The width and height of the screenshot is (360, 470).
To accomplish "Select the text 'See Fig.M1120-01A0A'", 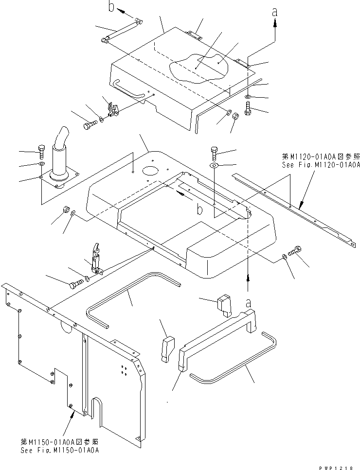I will coord(321,165).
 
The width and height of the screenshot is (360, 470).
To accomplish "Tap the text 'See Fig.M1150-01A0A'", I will coord(60,451).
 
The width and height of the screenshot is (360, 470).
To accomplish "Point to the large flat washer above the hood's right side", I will coord(215,166).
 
